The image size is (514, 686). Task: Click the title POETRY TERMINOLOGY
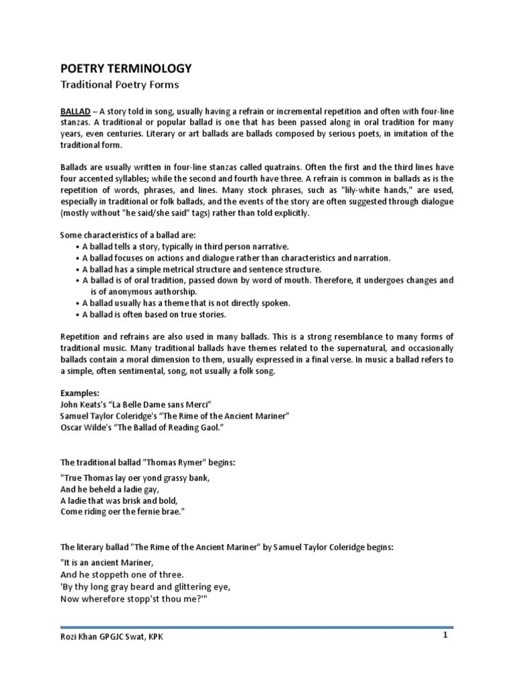[x=126, y=68]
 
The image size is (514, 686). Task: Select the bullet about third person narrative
[x=186, y=246]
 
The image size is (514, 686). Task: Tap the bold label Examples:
[x=80, y=393]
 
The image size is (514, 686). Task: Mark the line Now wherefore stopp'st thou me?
[x=131, y=598]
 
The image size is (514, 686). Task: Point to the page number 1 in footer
[x=444, y=635]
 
